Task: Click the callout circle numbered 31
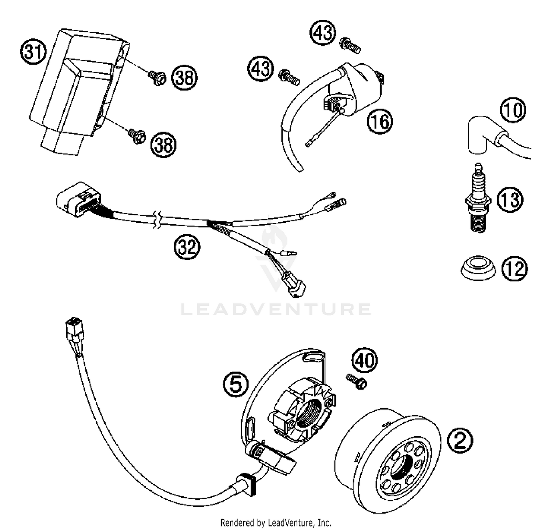click(x=33, y=52)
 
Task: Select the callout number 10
click(x=513, y=110)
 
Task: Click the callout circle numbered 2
click(x=460, y=440)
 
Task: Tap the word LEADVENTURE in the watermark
click(x=276, y=309)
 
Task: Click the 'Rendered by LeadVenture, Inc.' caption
click(x=276, y=522)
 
